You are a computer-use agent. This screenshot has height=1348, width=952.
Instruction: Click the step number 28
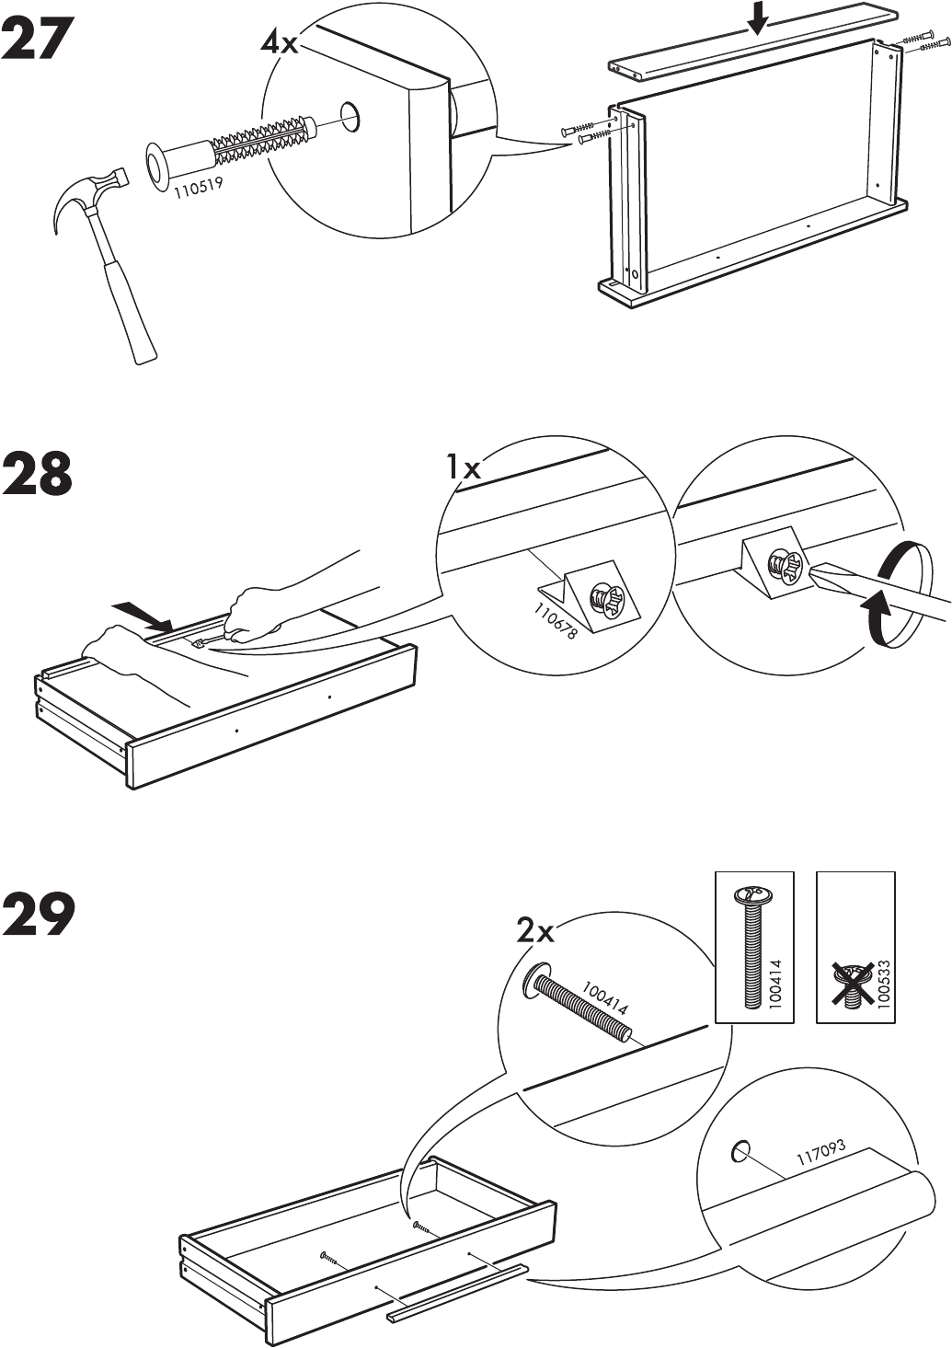coord(40,476)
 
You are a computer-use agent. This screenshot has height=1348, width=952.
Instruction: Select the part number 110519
coord(198,188)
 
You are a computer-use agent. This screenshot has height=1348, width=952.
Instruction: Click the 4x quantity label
coord(279,41)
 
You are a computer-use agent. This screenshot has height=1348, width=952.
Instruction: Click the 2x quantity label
coord(534,932)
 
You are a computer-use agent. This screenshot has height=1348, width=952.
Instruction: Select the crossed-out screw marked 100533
coord(855,981)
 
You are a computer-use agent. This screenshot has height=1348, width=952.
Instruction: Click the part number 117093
coord(820,1154)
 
